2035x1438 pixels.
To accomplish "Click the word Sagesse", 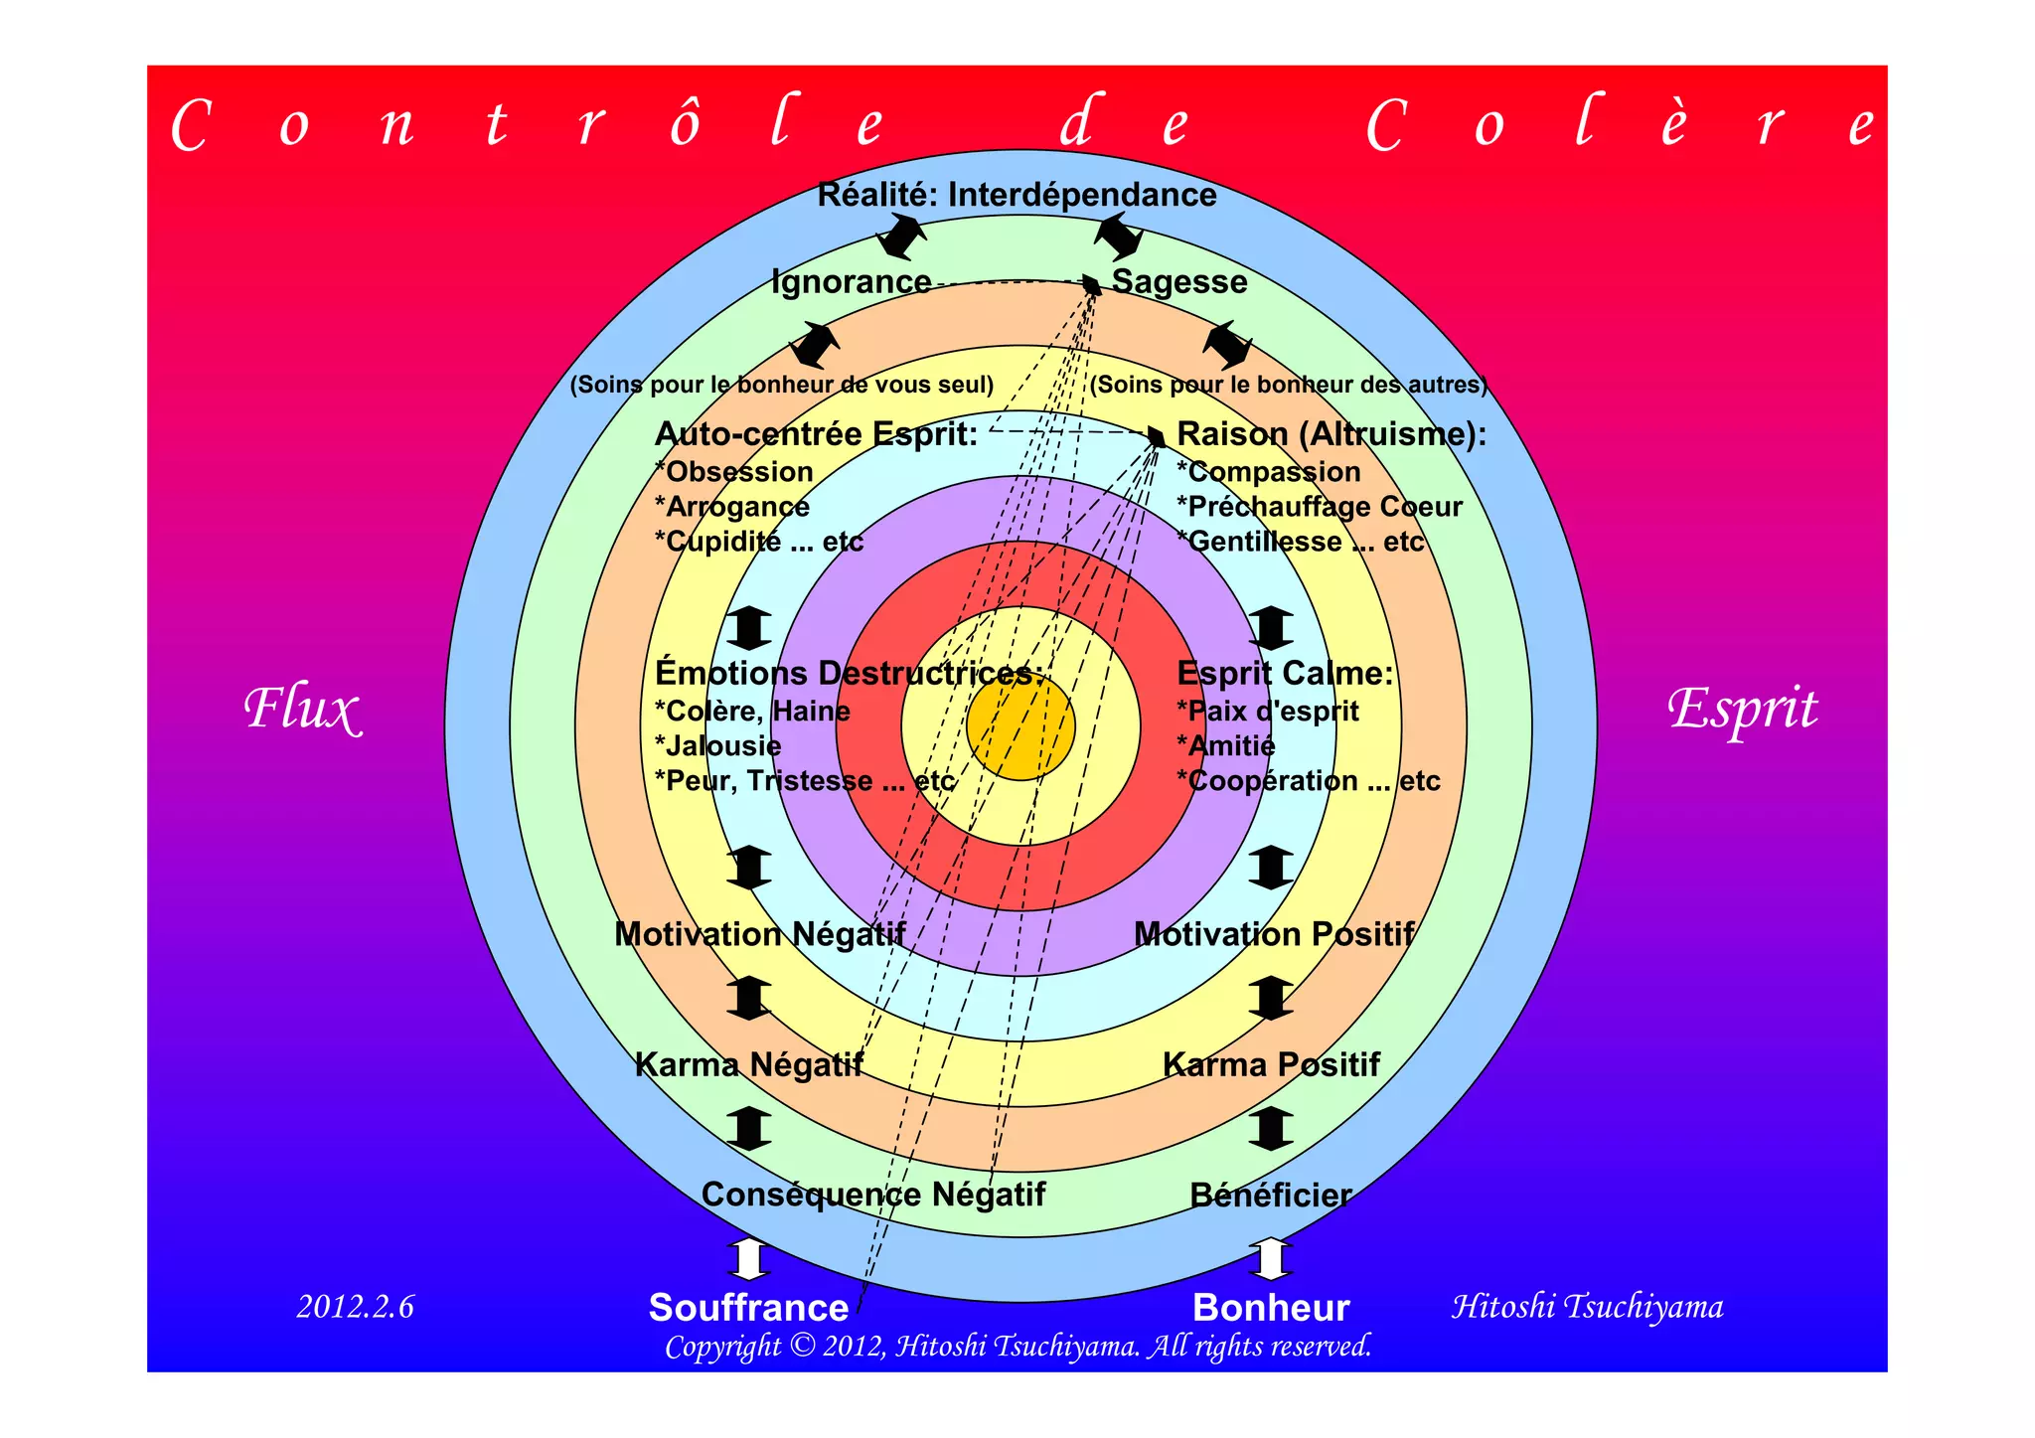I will [1178, 282].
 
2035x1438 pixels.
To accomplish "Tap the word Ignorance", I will [852, 282].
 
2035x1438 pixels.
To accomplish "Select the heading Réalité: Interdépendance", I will [1017, 195].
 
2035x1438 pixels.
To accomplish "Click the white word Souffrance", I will [748, 1308].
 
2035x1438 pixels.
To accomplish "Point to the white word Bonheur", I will [1271, 1308].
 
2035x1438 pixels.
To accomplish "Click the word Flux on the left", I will [302, 710].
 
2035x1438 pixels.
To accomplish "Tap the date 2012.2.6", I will [355, 1306].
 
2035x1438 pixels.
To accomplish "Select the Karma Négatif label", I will [748, 1065].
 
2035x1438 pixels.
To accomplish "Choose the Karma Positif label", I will [1271, 1065].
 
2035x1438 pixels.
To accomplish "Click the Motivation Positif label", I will [1274, 934].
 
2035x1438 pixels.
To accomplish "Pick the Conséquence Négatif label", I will [872, 1195].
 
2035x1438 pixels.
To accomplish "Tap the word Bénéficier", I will [1271, 1196].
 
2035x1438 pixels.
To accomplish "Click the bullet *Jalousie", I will [717, 746].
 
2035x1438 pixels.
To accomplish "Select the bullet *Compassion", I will [1268, 472].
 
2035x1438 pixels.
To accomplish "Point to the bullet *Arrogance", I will [731, 507].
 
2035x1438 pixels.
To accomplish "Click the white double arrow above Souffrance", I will [748, 1259].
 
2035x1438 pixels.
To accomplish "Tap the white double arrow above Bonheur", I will [1271, 1259].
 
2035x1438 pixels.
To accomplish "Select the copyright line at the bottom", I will [1017, 1347].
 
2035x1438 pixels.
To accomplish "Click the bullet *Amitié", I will [1225, 746].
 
